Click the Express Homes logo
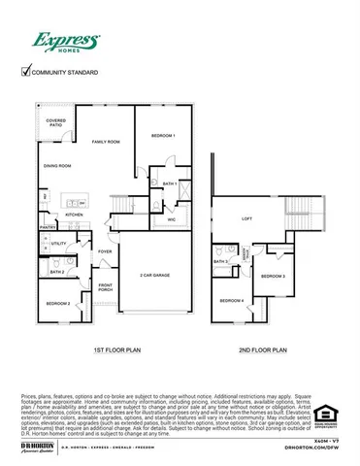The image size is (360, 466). coord(66,42)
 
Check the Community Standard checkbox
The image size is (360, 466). coord(26,71)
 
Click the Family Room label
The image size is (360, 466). coord(106,142)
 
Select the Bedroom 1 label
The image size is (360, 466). coord(162,137)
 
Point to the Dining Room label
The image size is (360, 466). coord(58,166)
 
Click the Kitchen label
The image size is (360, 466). coord(74,215)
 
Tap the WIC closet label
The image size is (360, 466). coord(171,220)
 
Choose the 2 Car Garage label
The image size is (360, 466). coord(155,276)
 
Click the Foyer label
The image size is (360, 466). coord(105,251)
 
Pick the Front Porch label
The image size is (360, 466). coord(105,287)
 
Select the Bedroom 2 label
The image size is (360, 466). coord(57,304)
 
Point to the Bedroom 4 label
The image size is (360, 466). coord(231,300)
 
